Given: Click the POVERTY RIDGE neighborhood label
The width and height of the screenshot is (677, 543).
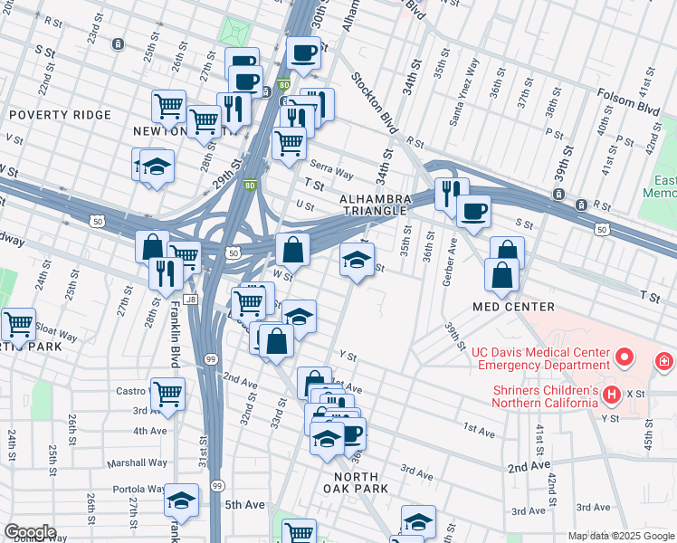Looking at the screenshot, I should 60,115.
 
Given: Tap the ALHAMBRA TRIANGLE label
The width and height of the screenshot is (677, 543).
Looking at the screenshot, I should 376,205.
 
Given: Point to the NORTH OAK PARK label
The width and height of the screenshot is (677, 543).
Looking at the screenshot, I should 361,482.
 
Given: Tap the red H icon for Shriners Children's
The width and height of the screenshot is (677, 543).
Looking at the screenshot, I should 611,395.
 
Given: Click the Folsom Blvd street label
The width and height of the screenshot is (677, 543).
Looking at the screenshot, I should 627,93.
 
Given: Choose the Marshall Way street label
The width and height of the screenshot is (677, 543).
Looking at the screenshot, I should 138,462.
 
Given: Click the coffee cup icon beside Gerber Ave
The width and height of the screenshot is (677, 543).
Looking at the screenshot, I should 472,212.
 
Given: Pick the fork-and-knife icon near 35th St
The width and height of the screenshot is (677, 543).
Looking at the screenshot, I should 451,192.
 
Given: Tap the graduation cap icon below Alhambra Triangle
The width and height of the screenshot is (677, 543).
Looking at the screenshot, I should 357,260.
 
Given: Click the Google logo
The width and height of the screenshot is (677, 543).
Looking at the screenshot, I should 30,532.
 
